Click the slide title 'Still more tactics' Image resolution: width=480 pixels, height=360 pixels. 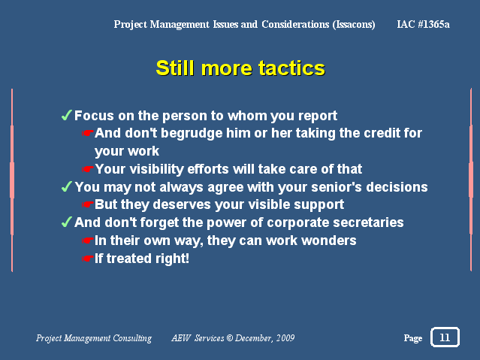240,68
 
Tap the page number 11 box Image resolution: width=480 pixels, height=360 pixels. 445,337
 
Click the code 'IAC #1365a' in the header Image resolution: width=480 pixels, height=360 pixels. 423,24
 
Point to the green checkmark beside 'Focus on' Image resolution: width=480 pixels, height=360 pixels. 67,115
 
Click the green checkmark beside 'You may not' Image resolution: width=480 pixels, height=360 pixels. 67,186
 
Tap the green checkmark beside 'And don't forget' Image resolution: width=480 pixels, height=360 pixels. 67,222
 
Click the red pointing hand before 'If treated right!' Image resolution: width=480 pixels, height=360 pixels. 88,259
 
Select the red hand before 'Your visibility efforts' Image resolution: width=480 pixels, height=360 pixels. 88,169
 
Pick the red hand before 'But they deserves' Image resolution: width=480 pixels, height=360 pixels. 88,204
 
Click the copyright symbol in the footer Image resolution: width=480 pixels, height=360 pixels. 229,338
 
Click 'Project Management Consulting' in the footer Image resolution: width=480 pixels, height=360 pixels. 94,338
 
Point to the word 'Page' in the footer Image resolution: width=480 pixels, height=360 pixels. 413,338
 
